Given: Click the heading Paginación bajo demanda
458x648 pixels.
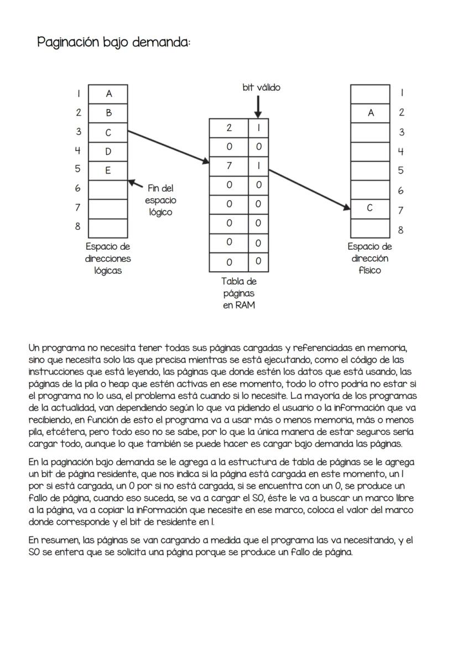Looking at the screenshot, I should (113, 42).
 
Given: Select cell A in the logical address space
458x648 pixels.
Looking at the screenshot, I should (108, 94).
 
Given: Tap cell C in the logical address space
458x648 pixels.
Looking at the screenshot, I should (108, 132).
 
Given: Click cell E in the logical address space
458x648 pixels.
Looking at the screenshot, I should (108, 170).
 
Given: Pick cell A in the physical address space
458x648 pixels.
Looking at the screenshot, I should (371, 113).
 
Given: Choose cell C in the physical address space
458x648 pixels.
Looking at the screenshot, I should (370, 208).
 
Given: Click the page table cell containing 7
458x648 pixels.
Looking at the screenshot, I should (229, 166).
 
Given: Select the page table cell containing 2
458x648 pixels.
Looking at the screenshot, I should (229, 128).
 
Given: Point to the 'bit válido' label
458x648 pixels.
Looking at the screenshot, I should (261, 87).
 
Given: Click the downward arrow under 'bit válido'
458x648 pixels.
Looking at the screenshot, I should (258, 105).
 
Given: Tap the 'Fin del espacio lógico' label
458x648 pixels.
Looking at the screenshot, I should (160, 200).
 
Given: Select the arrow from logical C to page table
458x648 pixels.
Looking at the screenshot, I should (169, 147).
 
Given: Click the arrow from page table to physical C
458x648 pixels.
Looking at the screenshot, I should (310, 189).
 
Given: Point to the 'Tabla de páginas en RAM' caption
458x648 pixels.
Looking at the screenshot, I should (239, 293).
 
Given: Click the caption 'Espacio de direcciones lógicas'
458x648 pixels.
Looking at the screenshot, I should (108, 258).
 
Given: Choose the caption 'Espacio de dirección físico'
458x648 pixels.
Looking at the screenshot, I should (369, 258).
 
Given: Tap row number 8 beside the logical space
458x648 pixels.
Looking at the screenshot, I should (78, 226).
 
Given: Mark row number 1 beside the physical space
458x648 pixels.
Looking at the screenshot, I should (401, 94).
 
